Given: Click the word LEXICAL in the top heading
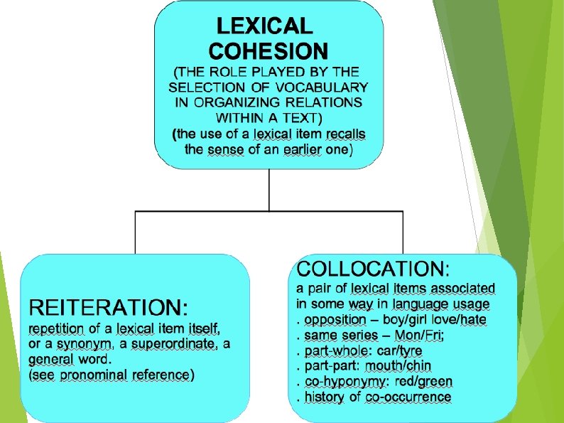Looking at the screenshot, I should pos(264,27).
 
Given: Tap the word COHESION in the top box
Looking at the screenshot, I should pos(269,51).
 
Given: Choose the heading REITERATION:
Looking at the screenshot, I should pos(109,308).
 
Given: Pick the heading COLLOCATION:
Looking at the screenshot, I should pos(373,269).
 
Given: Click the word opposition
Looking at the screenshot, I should pos(334,320).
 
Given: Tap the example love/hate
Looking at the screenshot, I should pos(462,320).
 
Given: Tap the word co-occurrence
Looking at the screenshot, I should pos(408,397).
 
